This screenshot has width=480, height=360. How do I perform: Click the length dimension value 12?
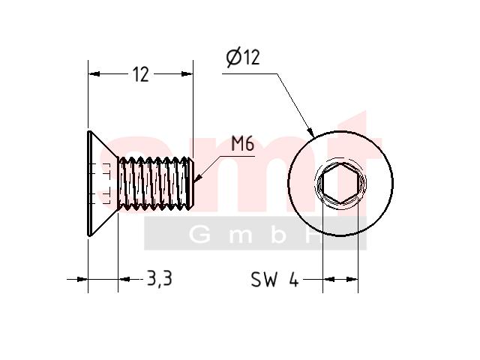[141, 74]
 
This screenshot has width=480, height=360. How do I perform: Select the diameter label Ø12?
[243, 58]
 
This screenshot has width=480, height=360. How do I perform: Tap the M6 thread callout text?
[242, 144]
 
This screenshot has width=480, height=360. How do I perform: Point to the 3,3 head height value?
[160, 278]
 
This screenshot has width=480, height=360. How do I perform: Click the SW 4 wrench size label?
[274, 279]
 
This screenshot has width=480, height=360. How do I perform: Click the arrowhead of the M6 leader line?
[198, 179]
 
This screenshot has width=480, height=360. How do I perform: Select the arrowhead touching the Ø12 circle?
[310, 132]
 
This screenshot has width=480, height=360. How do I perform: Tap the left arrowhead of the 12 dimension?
[94, 73]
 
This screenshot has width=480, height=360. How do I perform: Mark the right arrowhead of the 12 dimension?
[187, 73]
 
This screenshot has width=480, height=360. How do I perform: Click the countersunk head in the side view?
[103, 184]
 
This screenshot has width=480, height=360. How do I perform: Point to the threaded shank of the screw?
[152, 184]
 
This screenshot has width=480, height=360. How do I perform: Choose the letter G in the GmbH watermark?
[200, 235]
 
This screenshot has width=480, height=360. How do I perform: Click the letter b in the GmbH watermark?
[278, 235]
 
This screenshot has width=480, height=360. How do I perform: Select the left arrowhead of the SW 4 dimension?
[328, 279]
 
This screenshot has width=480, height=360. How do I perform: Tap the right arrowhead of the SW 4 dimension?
[352, 279]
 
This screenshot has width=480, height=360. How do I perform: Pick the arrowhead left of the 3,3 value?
[124, 279]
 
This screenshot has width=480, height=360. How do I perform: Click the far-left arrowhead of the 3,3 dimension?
[82, 279]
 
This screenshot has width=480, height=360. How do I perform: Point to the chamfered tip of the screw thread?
[190, 184]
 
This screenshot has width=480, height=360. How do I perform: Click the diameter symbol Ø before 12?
[234, 58]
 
